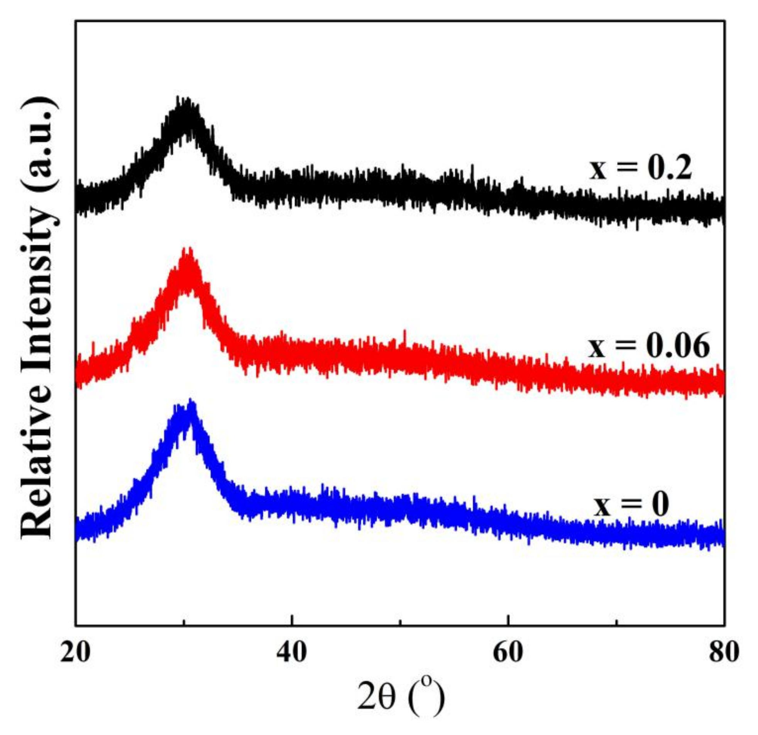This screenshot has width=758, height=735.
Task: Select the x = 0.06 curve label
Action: point(649,345)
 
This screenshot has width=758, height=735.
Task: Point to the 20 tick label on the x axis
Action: point(76,652)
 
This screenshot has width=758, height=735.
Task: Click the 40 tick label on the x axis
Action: point(292,652)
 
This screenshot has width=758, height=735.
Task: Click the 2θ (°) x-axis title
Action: point(400,699)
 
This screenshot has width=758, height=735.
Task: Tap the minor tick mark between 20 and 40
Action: point(184,622)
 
